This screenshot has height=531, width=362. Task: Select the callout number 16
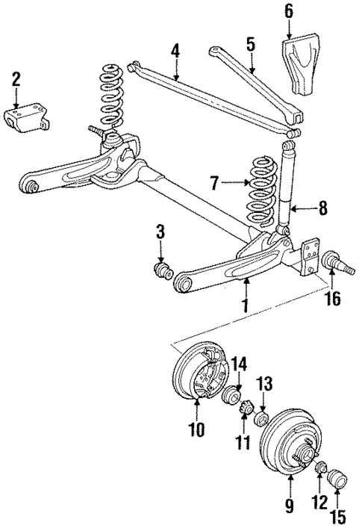point(332,299)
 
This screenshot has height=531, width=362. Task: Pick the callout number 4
point(175,52)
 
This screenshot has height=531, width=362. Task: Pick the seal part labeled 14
point(234,395)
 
